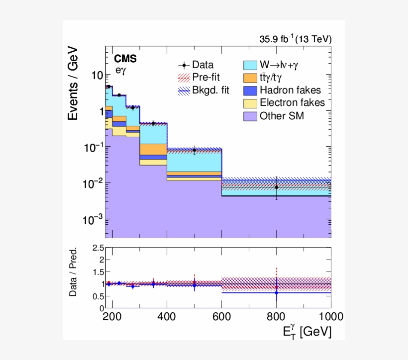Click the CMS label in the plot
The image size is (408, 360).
point(125,59)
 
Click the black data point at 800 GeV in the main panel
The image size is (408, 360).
point(276,187)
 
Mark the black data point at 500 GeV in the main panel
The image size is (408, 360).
point(195,150)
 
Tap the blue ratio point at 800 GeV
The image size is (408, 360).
point(276,293)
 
